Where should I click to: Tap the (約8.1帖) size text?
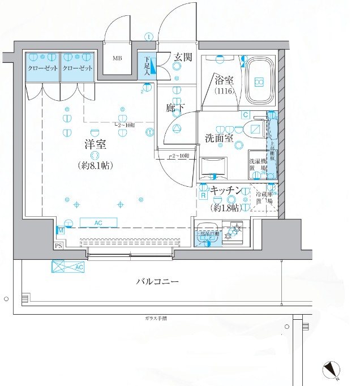point(95,166)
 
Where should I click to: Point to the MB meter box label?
point(117,58)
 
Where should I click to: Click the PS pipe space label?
point(58,246)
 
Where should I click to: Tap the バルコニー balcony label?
point(157,281)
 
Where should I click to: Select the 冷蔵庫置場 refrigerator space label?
point(264,197)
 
